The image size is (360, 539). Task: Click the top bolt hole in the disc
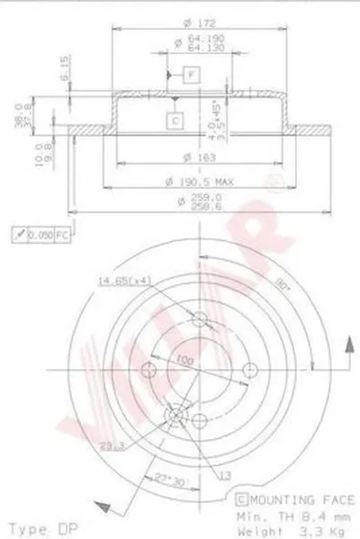[200, 317]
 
